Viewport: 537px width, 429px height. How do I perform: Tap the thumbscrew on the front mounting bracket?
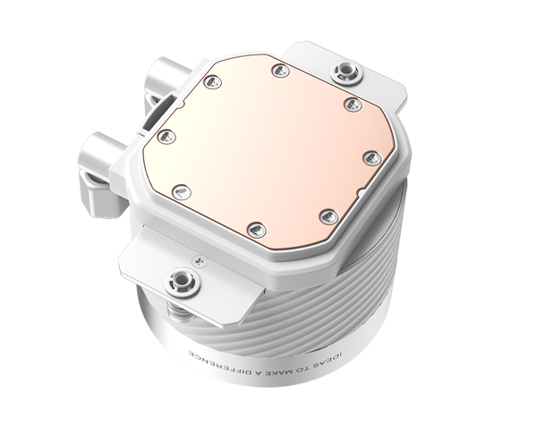(x=185, y=279)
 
